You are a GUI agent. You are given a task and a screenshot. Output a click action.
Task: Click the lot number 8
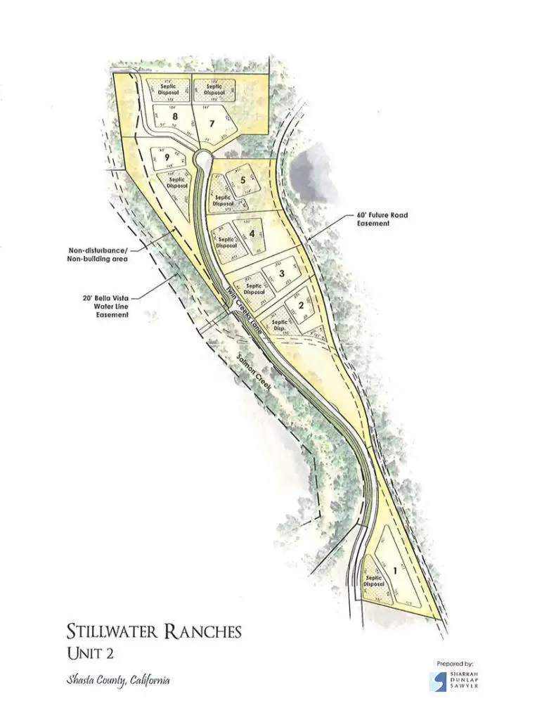tap(167, 116)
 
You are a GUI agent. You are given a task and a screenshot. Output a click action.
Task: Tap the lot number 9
tap(167, 158)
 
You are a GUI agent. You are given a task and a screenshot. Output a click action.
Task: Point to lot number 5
tap(243, 179)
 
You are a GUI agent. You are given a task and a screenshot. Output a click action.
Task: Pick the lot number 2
tap(301, 304)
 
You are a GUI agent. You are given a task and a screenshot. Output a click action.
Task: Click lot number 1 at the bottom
tap(394, 571)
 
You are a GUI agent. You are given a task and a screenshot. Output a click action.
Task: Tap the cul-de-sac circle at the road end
tap(202, 157)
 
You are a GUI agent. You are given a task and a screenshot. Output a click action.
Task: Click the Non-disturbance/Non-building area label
tap(98, 254)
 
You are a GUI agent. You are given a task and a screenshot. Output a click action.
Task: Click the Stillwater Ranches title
tap(154, 631)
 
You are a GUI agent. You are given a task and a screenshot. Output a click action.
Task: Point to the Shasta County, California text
tap(118, 681)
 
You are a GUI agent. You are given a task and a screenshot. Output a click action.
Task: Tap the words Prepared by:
tap(454, 662)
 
